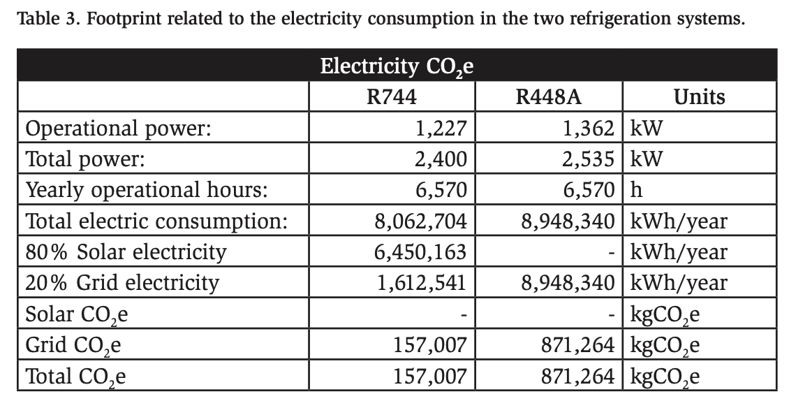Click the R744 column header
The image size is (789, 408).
pos(392,97)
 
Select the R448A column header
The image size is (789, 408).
pos(549,97)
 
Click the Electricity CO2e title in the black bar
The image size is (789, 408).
pos(397,67)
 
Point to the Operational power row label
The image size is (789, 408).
pos(118,129)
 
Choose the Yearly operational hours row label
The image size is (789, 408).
pos(147,190)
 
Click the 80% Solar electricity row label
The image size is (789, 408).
pos(126,252)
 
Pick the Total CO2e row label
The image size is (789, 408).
pos(76,377)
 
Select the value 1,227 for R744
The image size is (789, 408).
pos(440,129)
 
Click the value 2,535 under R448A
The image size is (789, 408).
pos(589,159)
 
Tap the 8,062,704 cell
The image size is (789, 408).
pos(420,221)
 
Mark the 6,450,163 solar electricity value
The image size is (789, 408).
pos(420,252)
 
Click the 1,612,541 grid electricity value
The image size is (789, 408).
pos(420,283)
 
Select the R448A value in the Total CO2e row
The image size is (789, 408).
pos(579,377)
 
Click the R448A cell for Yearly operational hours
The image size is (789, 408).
pos(589,190)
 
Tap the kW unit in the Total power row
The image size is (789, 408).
pos(646,159)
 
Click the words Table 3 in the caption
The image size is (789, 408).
pos(44,17)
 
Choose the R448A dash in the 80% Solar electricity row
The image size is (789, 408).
pos(612,252)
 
